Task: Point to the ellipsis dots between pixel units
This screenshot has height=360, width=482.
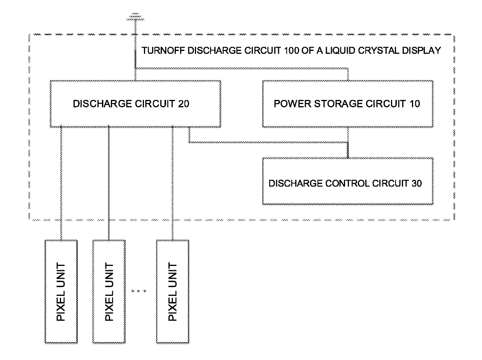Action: click(x=138, y=291)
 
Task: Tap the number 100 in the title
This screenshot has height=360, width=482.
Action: click(x=291, y=51)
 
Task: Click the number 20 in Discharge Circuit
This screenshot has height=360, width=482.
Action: click(x=184, y=104)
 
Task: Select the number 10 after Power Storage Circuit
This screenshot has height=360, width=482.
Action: click(x=415, y=104)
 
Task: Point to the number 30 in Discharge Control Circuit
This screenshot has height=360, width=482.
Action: click(x=417, y=183)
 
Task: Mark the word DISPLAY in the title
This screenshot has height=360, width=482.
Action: click(x=421, y=51)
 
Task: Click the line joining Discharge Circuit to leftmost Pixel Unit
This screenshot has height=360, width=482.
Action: click(x=61, y=183)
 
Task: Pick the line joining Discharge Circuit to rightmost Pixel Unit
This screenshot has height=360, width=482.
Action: click(x=173, y=183)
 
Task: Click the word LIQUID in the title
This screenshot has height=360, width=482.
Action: click(x=340, y=51)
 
